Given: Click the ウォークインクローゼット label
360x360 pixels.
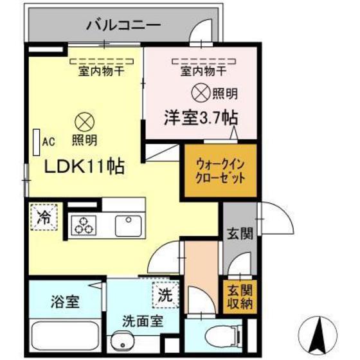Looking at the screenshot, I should click(220, 172).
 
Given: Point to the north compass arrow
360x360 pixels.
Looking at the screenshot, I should click(318, 333).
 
